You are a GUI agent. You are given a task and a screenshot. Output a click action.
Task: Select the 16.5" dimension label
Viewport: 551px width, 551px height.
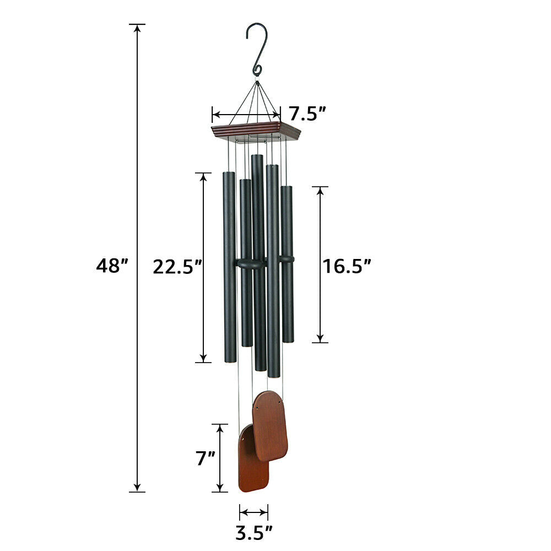tap(347, 266)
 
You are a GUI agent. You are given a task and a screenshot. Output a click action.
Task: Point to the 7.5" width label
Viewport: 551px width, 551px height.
tap(308, 114)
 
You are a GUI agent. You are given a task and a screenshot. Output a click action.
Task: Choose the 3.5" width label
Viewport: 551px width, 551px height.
tap(254, 533)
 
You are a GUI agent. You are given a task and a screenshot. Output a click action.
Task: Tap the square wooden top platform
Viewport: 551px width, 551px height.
tap(256, 131)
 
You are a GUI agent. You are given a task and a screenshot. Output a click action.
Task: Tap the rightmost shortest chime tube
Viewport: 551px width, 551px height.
tap(287, 264)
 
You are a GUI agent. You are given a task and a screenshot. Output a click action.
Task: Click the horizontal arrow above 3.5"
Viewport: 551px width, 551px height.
tap(254, 512)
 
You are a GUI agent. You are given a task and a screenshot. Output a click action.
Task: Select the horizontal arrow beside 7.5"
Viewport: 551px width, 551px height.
tap(246, 115)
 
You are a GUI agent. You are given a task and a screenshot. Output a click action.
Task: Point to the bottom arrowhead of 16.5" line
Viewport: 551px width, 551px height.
tap(320, 338)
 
